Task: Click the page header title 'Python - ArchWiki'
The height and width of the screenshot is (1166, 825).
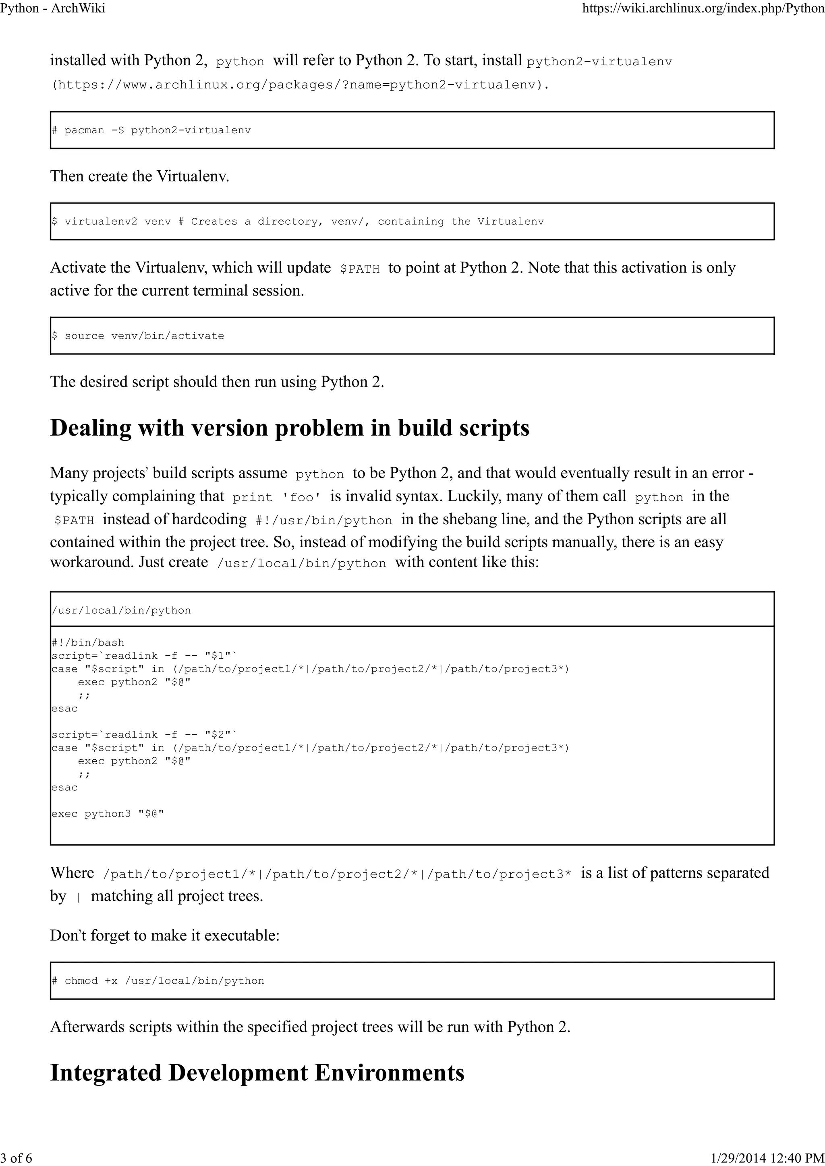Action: coord(53,8)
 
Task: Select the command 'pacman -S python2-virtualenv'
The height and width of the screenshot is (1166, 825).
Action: coord(158,130)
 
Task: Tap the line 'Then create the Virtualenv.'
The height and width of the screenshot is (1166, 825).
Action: coord(140,176)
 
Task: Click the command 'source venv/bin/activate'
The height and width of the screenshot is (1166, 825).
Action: coord(144,336)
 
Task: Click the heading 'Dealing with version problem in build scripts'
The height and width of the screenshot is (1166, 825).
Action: coord(290,428)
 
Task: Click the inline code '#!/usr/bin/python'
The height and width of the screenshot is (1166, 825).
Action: coord(324,521)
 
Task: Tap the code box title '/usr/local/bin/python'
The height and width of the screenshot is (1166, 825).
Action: coord(121,610)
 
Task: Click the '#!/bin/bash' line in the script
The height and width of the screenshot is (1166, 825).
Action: coord(88,643)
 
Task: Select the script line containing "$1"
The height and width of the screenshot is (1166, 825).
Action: coord(145,655)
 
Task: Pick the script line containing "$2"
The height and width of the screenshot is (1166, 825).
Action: coord(145,734)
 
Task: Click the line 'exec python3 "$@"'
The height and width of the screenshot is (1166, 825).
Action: coord(108,814)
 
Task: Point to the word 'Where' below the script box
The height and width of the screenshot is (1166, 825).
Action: coord(72,873)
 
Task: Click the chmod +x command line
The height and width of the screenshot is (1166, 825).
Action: coord(164,981)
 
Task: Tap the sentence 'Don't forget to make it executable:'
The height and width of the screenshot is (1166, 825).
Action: coord(165,935)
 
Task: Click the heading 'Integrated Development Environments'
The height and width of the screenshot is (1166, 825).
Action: coord(257,1073)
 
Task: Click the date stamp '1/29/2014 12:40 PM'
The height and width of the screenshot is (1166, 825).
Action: coord(767,1158)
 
